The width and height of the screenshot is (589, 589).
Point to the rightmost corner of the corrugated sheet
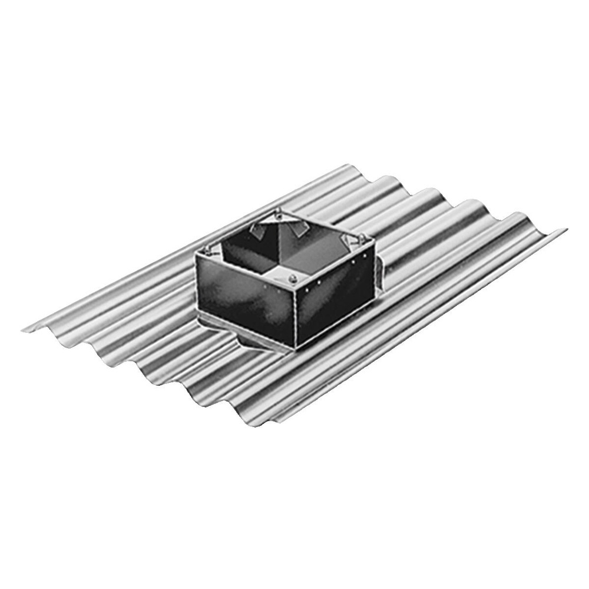(x=565, y=227)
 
